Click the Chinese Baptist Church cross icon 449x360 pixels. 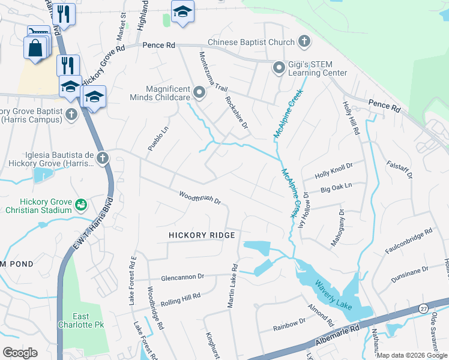pos(305,42)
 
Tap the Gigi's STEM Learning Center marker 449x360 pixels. pos(279,67)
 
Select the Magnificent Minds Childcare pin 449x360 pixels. pos(199,92)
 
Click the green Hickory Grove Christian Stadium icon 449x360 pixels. pos(80,206)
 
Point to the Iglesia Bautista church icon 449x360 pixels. pos(103,158)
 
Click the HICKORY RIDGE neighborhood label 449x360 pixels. pos(201,235)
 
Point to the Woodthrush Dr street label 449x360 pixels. pos(200,197)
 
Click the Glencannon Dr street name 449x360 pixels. pos(182,277)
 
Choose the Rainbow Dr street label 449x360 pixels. pos(289,324)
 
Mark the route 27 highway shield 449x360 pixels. pos(423,308)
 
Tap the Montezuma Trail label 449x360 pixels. pos(213,71)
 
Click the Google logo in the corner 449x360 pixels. pos(20,352)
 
